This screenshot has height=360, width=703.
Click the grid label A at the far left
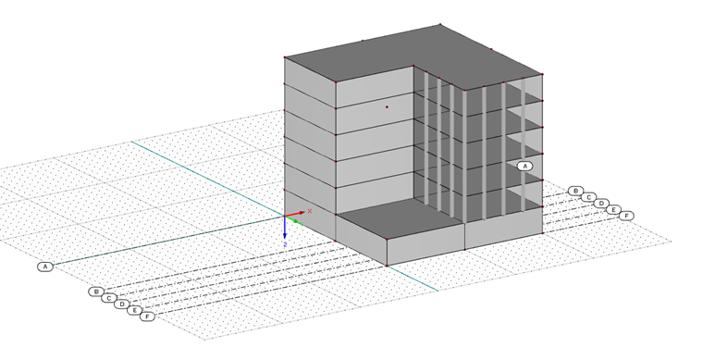tap(44, 267)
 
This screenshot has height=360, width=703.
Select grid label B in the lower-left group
tap(95, 292)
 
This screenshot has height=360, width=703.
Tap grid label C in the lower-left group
tap(108, 298)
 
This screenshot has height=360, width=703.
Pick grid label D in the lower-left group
tap(121, 304)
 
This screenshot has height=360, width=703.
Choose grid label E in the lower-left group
tap(134, 310)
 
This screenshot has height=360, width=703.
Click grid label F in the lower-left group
tap(147, 317)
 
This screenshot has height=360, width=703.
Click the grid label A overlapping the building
tap(524, 167)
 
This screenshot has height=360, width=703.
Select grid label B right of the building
tap(575, 192)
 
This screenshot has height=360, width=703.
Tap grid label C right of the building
tap(588, 197)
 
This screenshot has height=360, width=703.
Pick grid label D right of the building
tap(601, 204)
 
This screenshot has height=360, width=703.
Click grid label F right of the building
tap(627, 216)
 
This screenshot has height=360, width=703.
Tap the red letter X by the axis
tap(310, 211)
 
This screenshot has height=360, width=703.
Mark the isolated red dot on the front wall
tap(387, 107)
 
